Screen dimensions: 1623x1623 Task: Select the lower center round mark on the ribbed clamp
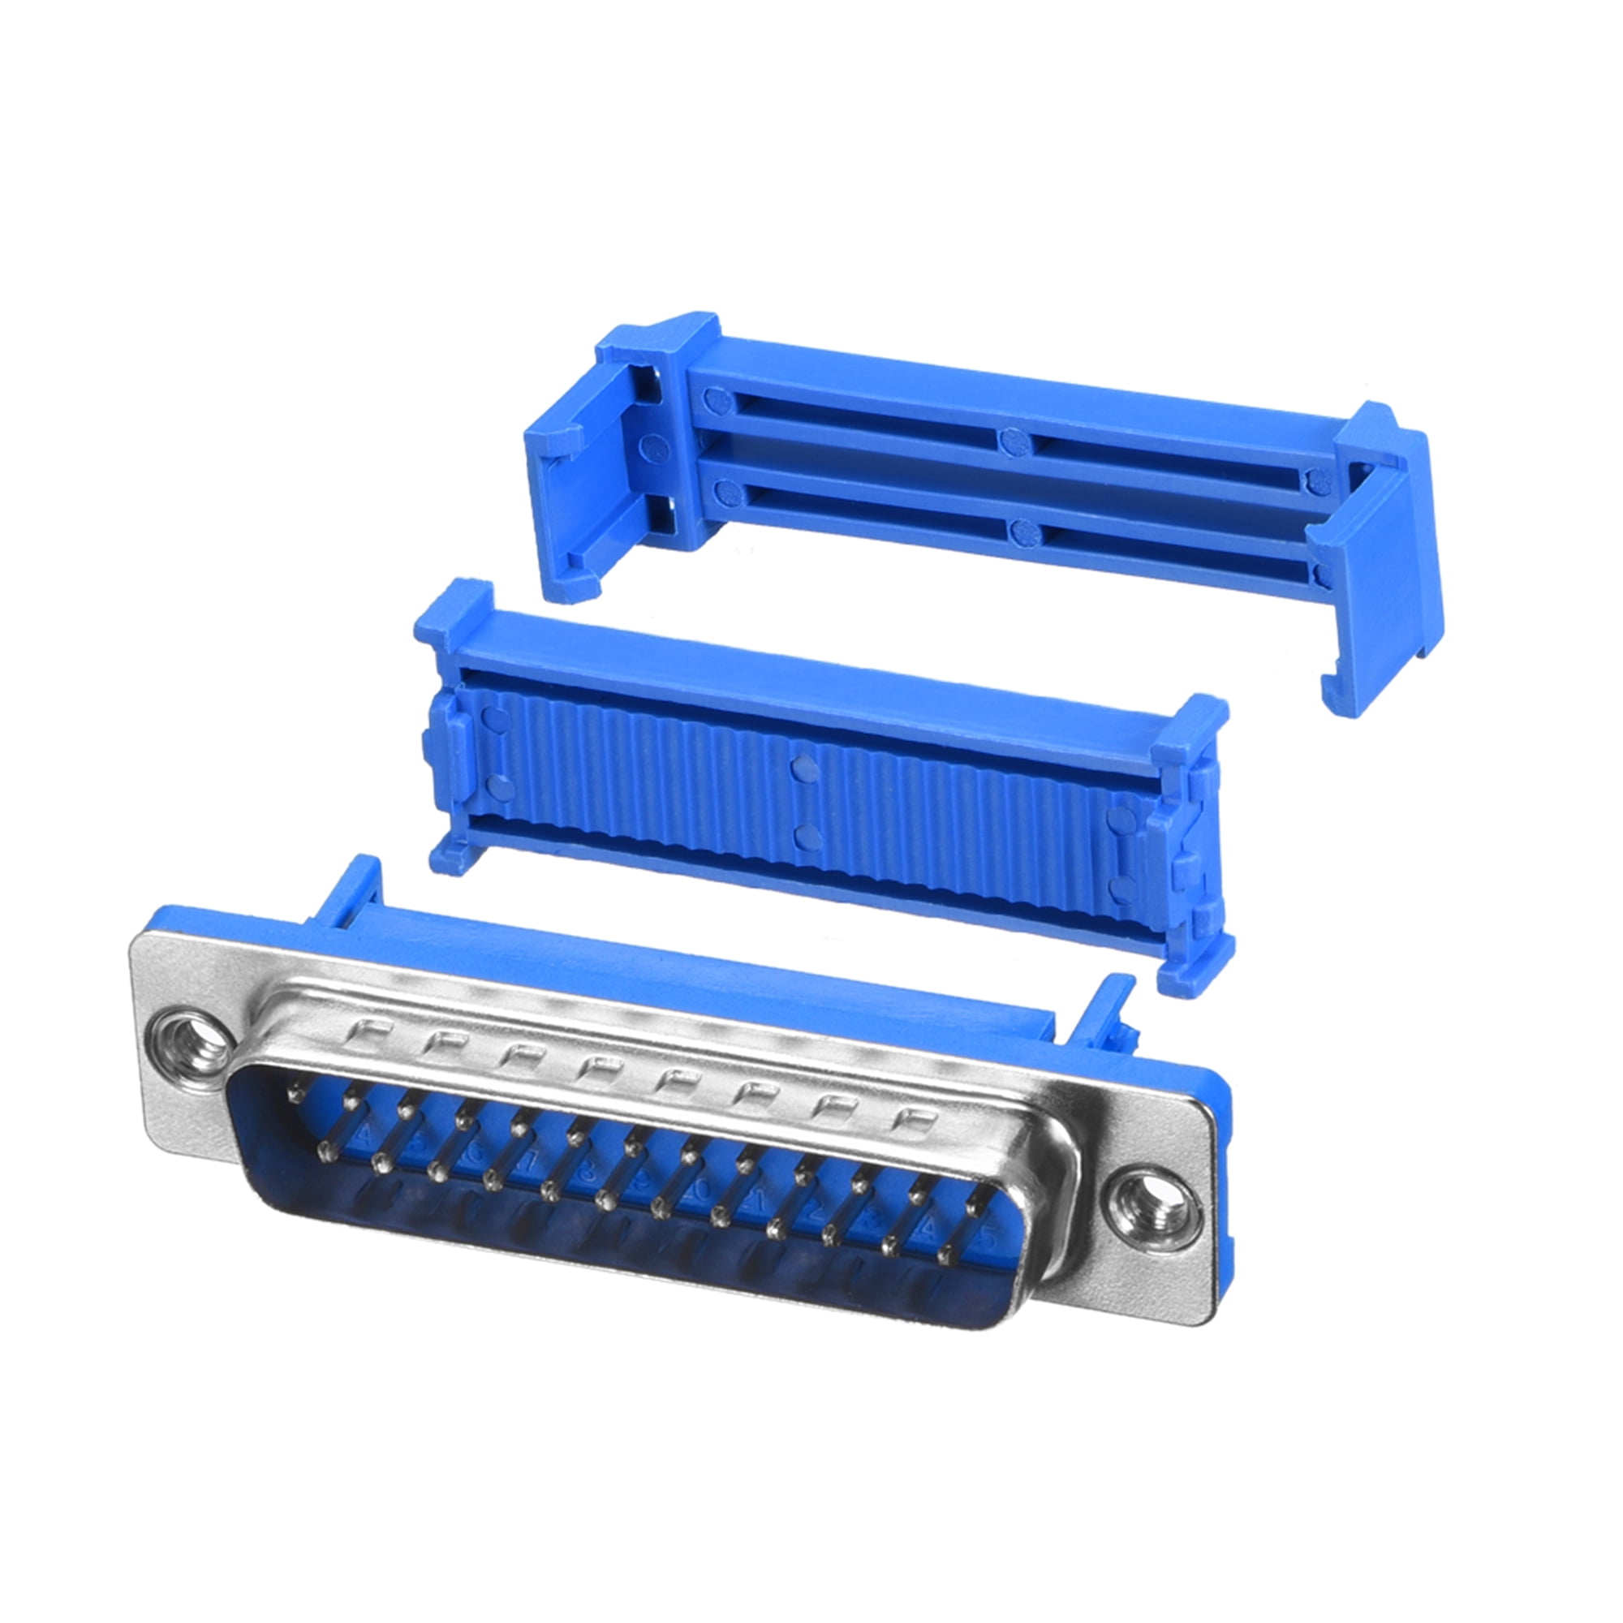pos(807,837)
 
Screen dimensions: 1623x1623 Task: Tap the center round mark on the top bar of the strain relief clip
pos(1015,440)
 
